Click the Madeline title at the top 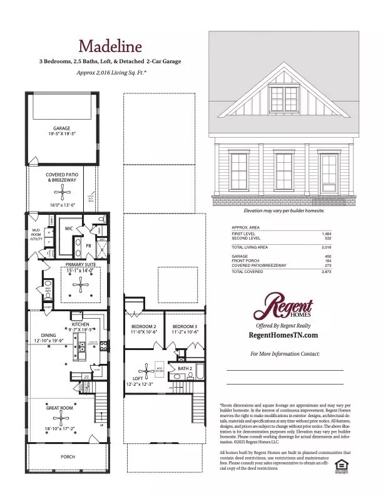pyautogui.click(x=110, y=46)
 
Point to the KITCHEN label pyautogui.click(x=81, y=324)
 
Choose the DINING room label pyautogui.click(x=49, y=336)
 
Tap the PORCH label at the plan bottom pyautogui.click(x=68, y=457)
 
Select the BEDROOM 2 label pyautogui.click(x=143, y=326)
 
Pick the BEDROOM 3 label pyautogui.click(x=185, y=326)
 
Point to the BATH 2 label pyautogui.click(x=185, y=369)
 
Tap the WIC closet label pyautogui.click(x=69, y=229)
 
